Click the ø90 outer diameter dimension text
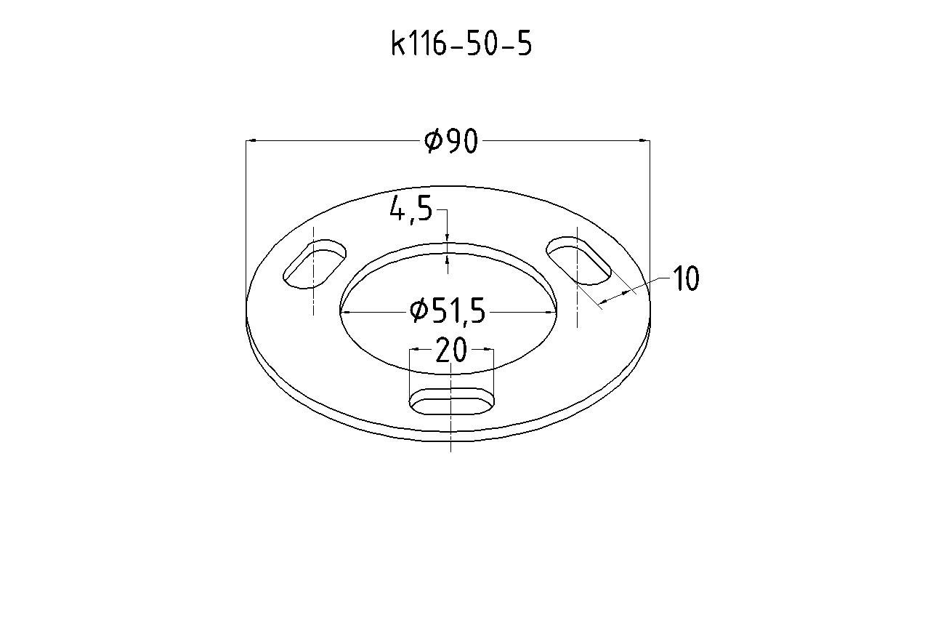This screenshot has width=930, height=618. coord(451,141)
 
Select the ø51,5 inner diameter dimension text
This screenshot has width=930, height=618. coord(448,311)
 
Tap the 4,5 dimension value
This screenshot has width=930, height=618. coord(411,209)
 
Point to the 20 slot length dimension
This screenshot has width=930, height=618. coord(451,350)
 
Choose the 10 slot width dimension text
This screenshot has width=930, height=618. coord(686,278)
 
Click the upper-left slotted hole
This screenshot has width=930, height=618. coord(315,264)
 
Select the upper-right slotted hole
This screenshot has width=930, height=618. coord(579,260)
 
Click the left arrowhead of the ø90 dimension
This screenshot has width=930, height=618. coord(251,141)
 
